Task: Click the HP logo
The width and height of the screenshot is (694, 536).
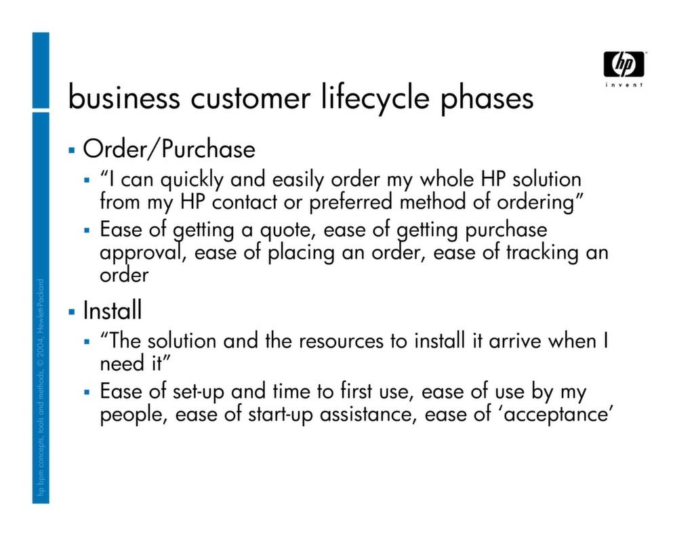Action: pyautogui.click(x=624, y=64)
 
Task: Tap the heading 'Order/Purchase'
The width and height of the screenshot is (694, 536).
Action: pyautogui.click(x=169, y=149)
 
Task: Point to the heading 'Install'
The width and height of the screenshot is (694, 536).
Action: pyautogui.click(x=113, y=311)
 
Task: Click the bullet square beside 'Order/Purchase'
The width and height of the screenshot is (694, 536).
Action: pyautogui.click(x=71, y=148)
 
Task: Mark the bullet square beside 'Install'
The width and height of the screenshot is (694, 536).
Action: pyautogui.click(x=71, y=311)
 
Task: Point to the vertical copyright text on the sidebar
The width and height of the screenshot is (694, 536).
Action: pyautogui.click(x=40, y=390)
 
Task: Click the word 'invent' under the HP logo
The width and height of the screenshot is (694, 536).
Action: pyautogui.click(x=624, y=85)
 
